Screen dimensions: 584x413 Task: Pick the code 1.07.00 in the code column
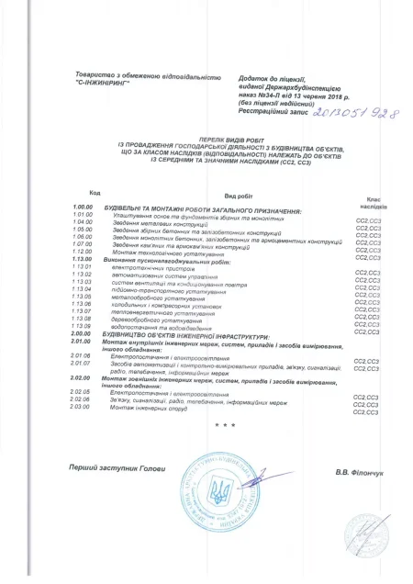click(x=84, y=243)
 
